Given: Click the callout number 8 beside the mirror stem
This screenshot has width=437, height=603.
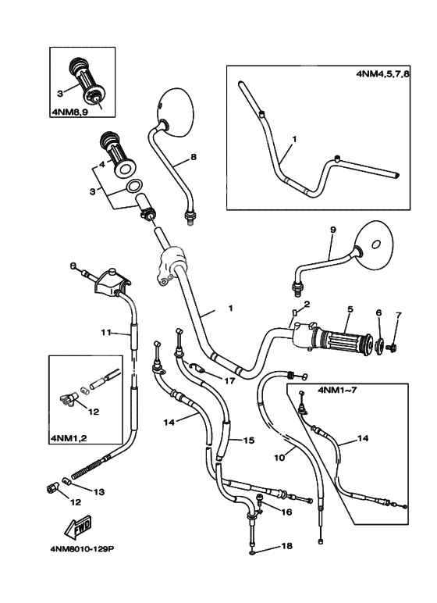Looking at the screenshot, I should (193, 157).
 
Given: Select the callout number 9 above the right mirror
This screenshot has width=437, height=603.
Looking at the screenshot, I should (332, 230).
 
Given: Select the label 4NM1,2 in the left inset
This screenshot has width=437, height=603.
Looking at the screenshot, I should (69, 438).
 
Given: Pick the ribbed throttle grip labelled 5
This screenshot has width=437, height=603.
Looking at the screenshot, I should (343, 339).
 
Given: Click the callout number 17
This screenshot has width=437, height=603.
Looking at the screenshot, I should (229, 381).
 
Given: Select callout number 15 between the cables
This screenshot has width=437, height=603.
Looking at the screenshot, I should (249, 441).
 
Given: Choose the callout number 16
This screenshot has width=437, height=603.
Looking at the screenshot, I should (287, 512).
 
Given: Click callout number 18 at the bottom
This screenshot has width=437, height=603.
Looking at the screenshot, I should (286, 546).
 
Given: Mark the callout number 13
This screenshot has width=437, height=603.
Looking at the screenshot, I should (99, 491).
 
